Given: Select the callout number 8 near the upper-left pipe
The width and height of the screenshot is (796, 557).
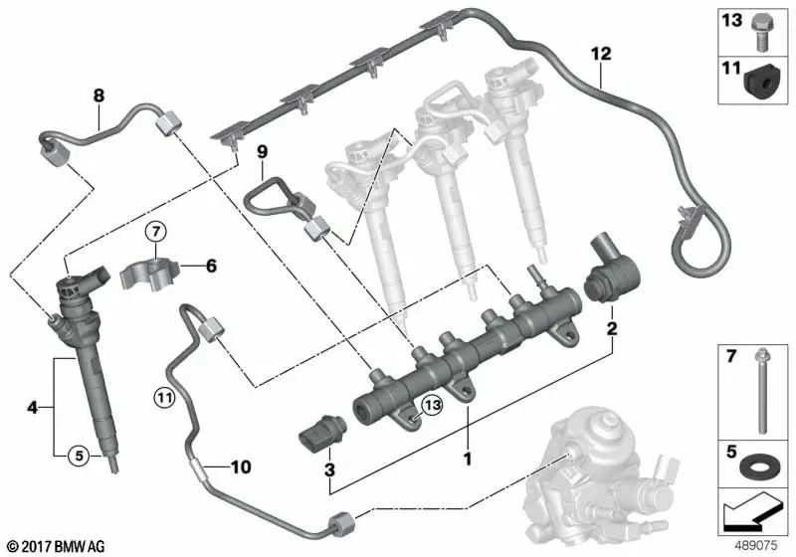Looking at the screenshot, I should (x=99, y=95).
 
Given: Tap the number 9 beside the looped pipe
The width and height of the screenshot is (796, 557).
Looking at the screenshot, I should (x=263, y=152).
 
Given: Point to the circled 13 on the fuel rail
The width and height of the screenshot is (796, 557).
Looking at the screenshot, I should (x=430, y=404).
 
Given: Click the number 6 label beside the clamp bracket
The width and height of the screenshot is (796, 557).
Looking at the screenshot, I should (x=210, y=266).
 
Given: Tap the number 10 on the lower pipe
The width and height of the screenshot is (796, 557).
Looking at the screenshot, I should (x=242, y=465).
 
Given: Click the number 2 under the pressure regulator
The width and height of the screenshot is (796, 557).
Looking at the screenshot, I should (x=613, y=328).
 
